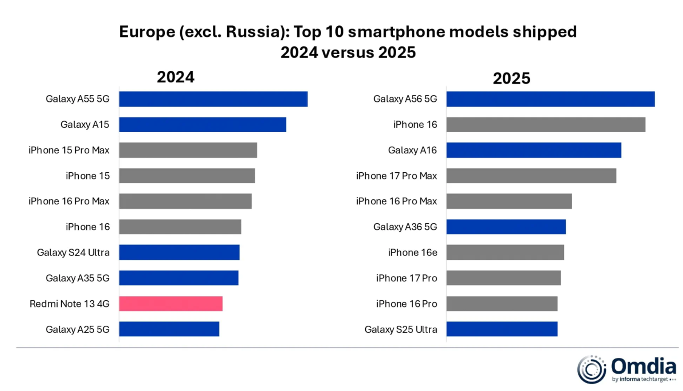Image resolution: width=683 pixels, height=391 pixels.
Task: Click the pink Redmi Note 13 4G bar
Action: point(170,304)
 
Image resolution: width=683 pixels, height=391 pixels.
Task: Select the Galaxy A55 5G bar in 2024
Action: point(213,99)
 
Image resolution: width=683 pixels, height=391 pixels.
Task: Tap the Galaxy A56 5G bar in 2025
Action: point(550,99)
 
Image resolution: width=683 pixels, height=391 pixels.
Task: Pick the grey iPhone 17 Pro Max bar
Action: point(531,176)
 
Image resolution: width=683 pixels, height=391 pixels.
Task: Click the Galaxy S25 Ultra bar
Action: point(502,329)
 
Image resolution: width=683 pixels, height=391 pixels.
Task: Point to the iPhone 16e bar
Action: point(505,252)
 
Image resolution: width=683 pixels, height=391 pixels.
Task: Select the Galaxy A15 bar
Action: point(203,125)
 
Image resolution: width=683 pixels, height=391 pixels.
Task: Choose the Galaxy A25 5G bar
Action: point(169,329)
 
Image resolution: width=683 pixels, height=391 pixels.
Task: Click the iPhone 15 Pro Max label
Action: point(69,150)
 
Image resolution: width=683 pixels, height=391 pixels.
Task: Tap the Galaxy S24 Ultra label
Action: point(73,252)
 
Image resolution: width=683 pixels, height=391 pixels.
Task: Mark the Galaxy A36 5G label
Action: point(405,227)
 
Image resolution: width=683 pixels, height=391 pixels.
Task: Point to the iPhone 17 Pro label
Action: point(406,278)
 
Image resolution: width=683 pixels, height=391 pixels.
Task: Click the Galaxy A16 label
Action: point(412,150)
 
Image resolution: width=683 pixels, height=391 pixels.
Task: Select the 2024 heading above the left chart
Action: point(176,77)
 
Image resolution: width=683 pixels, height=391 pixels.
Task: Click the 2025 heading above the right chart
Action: point(511,78)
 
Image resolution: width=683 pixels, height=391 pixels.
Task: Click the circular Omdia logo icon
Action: point(592,369)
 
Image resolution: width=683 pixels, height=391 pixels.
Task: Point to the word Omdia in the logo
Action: point(643,366)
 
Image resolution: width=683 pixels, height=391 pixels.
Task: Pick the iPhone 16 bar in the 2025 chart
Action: point(546,125)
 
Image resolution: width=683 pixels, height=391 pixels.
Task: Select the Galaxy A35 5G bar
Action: point(178,278)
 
